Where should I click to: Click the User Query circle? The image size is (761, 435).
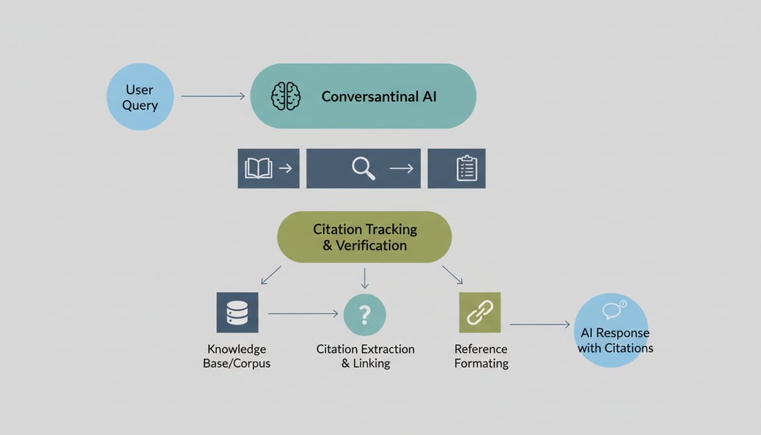(140, 97)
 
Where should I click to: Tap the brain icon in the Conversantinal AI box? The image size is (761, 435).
(286, 96)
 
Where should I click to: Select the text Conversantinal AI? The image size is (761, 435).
(379, 97)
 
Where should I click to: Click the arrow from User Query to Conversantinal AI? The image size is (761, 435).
(213, 96)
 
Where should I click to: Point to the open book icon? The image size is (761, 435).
(258, 168)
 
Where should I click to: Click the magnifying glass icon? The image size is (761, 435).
(363, 168)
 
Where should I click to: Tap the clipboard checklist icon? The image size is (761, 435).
(467, 168)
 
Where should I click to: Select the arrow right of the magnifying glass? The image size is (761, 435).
(401, 168)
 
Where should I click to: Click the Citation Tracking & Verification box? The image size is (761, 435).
(364, 237)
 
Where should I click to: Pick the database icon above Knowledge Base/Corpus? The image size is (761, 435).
(237, 313)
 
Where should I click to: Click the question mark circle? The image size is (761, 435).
(365, 315)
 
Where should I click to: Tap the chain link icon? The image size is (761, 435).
(479, 313)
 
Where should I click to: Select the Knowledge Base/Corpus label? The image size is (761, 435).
(237, 356)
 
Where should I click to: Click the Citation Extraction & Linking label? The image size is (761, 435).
(365, 356)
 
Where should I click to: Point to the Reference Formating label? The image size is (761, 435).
(481, 356)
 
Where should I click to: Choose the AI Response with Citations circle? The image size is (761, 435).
(611, 331)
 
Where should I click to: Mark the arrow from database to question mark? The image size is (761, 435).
(303, 314)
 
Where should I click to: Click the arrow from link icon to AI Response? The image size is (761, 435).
(539, 324)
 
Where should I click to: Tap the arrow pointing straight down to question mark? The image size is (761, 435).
(365, 278)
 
